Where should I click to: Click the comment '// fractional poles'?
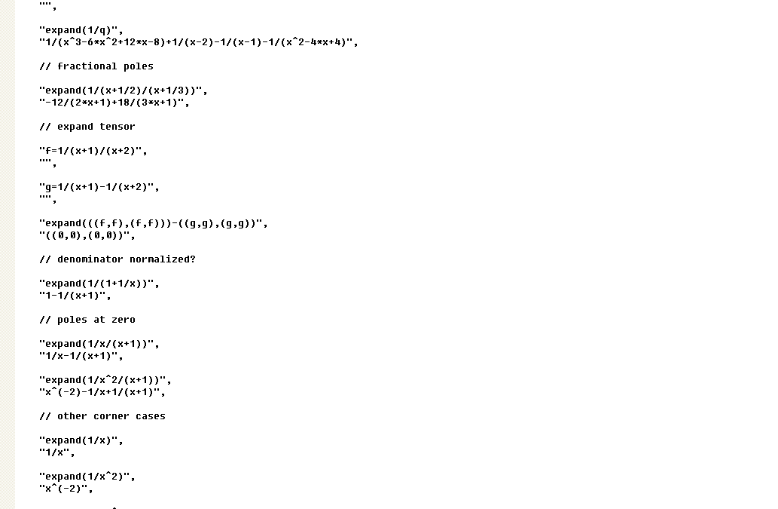96,66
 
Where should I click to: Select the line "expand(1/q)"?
81,30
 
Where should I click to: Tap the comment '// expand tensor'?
87,126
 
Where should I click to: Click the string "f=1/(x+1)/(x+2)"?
93,151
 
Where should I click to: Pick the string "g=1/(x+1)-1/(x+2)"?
99,187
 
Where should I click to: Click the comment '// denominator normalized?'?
117,259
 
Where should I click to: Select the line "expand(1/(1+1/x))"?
99,283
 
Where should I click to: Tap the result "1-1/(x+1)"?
75,295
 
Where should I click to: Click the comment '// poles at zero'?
87,319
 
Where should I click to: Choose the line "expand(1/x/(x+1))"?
99,343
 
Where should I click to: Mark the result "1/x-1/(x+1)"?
81,356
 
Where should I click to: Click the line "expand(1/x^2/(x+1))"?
105,379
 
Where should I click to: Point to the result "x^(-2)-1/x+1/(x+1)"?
102,392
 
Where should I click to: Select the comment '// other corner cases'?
102,415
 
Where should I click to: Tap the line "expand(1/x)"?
81,440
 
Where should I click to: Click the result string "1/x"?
57,452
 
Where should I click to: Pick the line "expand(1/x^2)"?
87,477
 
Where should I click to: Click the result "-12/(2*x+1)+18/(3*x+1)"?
114,103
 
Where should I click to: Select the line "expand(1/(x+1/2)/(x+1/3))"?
124,90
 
